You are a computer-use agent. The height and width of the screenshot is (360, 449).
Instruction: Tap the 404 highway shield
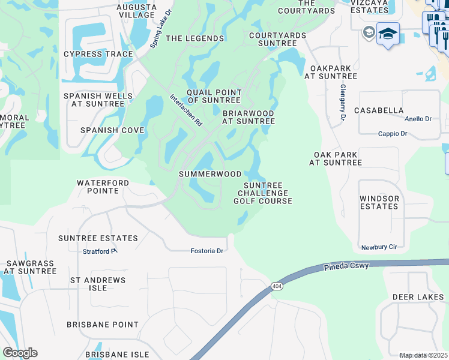pos(276,286)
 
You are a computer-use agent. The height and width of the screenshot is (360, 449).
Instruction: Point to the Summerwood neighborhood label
pos(210,174)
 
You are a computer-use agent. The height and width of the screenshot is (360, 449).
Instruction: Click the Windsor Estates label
pos(379,202)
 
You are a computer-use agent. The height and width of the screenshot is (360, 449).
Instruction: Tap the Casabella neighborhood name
pos(379,110)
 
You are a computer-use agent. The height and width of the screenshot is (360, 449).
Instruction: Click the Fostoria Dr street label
pos(206,251)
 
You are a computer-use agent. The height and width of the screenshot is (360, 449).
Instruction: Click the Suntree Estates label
pos(98,238)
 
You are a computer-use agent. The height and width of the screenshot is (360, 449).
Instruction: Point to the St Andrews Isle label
pos(98,284)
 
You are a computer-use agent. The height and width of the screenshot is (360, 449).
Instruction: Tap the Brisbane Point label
pos(103,325)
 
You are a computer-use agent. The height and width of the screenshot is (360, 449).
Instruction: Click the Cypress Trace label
pos(98,54)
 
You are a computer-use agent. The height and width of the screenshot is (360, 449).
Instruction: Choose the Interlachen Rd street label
pos(186,109)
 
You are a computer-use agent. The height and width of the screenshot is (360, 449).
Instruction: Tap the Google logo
pos(20,353)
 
